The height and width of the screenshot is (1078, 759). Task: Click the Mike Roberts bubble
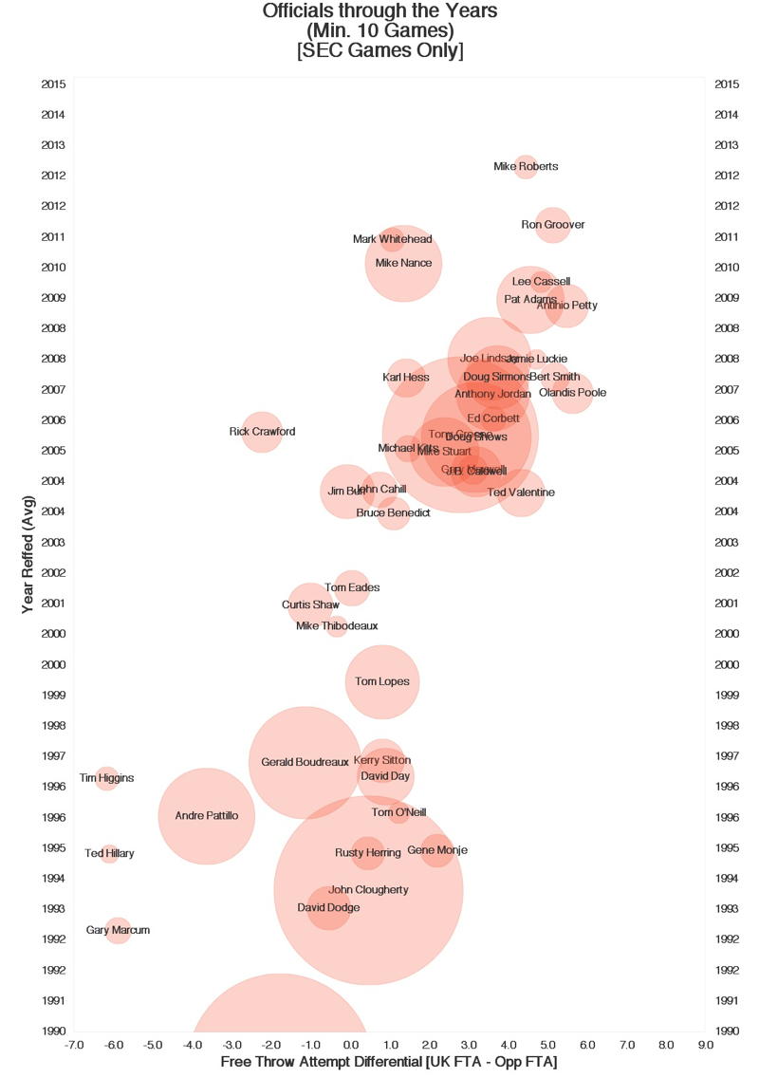(526, 167)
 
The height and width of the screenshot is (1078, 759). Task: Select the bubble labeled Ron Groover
(553, 225)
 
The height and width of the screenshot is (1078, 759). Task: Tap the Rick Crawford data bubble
(262, 432)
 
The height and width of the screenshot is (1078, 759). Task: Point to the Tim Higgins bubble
(106, 778)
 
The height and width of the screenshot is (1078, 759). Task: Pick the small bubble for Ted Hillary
(109, 854)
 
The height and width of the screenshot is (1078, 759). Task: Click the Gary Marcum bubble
(118, 931)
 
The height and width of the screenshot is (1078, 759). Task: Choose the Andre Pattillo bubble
(206, 816)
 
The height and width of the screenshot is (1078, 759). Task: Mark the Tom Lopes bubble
(382, 681)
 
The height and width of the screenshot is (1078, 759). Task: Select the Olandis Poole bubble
(572, 393)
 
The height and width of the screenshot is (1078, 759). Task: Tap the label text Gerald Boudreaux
(305, 762)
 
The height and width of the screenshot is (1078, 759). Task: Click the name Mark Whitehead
(392, 239)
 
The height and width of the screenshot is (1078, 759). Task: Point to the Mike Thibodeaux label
(337, 626)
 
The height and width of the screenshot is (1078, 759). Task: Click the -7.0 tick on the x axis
(74, 1045)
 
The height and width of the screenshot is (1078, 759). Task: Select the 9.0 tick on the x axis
(705, 1045)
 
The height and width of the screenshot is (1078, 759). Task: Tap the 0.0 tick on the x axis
(350, 1045)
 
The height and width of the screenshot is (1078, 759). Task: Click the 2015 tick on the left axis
(53, 84)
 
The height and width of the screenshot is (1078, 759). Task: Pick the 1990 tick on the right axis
(727, 1032)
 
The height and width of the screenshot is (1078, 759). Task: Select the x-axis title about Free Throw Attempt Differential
(388, 1062)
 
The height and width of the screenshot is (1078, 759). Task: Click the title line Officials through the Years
(379, 12)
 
